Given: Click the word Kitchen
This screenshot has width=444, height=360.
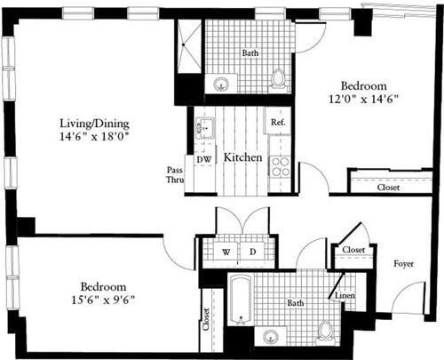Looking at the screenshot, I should click(242, 157).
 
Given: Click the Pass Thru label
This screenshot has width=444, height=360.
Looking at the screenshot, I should click(174, 173).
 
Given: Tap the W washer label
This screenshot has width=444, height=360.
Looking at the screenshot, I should click(226, 252).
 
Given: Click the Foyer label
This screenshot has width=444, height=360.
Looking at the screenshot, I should click(406, 263).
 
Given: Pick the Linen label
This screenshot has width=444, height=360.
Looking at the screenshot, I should click(345, 295).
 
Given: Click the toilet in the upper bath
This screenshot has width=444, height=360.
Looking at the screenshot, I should click(279, 79).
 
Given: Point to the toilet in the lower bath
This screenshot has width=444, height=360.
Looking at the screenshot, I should click(325, 332).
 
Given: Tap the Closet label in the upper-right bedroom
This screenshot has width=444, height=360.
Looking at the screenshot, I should click(387, 188).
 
